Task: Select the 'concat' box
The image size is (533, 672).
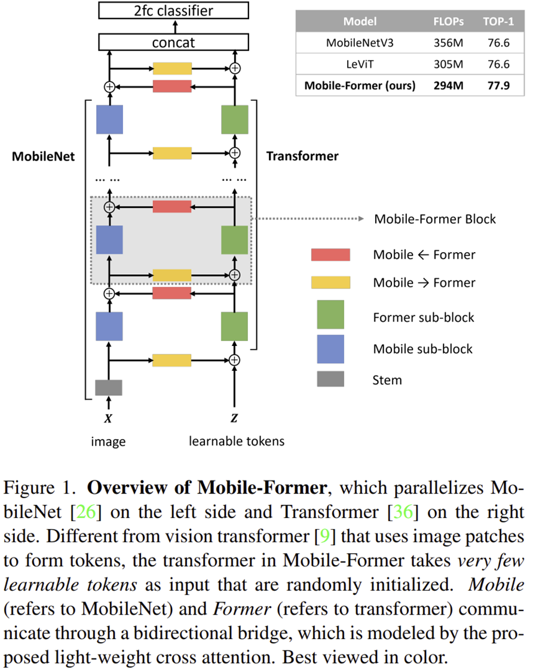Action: [173, 42]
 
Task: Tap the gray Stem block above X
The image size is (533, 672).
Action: [109, 387]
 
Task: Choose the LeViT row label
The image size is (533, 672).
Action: [360, 64]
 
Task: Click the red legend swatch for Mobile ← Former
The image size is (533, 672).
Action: [330, 254]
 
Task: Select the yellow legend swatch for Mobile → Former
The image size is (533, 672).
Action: [330, 283]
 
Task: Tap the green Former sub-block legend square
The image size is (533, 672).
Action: [330, 315]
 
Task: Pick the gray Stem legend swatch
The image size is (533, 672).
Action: [330, 379]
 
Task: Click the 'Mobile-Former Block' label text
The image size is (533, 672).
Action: [435, 219]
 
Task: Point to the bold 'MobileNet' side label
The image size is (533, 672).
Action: [44, 157]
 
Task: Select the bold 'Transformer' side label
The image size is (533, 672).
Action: [302, 157]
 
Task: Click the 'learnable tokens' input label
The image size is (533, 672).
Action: [237, 441]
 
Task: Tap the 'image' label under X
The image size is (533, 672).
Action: [108, 442]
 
